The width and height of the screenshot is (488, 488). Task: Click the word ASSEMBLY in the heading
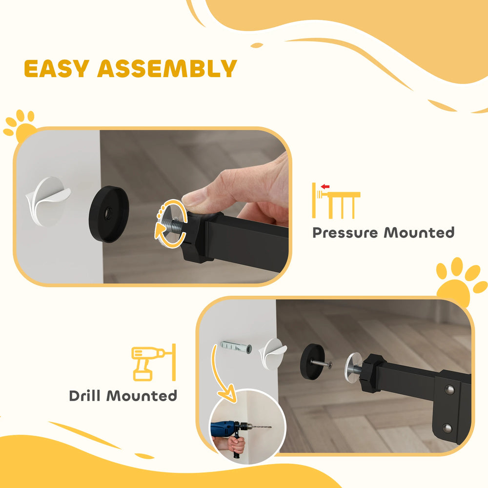167,69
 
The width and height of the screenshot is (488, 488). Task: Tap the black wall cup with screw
312,361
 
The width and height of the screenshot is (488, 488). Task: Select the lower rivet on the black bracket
447,428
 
